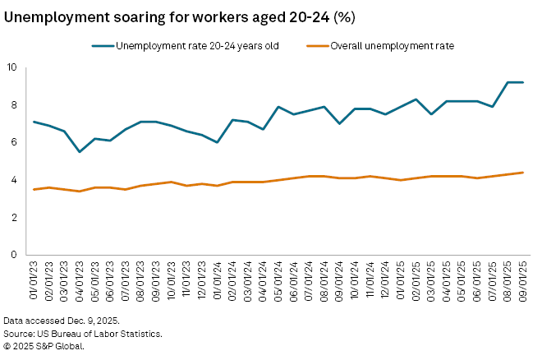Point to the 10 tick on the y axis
[11, 67]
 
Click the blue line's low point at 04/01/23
[80, 152]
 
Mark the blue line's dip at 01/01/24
[217, 142]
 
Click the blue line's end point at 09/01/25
[522, 82]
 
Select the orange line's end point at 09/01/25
[522, 173]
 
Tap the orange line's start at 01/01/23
[33, 189]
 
